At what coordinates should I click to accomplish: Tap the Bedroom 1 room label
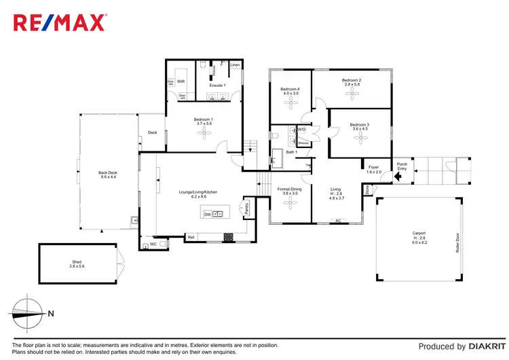[204, 121]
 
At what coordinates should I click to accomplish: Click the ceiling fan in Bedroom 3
[360, 139]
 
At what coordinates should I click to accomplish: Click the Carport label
[419, 235]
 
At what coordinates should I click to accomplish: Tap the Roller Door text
[457, 243]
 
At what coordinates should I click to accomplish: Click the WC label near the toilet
[153, 244]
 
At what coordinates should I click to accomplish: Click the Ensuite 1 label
[217, 86]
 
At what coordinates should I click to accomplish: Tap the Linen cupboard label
[235, 65]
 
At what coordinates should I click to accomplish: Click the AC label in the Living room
[337, 221]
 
